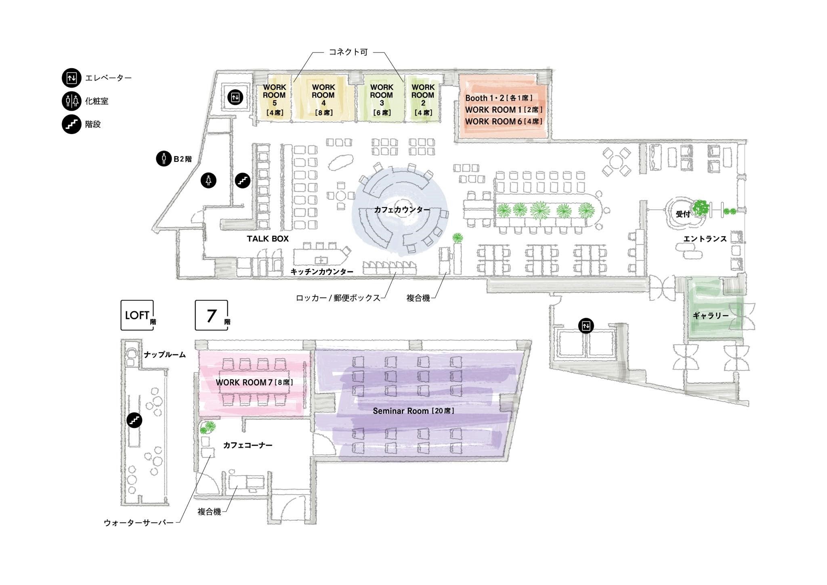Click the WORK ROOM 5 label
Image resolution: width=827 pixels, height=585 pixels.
274,99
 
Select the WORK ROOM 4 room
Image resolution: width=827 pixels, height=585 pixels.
323,99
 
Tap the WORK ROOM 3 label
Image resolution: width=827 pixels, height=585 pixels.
382,99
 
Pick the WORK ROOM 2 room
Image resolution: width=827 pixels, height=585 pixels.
423,99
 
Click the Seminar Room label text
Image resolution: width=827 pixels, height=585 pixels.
413,411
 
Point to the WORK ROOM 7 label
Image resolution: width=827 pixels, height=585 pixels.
254,382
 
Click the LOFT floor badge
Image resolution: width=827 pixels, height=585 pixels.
138,315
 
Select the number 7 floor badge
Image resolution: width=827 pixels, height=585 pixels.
212,315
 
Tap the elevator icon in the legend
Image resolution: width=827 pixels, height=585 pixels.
71,78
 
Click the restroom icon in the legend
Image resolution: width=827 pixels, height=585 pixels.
71,101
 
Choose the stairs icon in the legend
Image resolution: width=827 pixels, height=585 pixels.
71,124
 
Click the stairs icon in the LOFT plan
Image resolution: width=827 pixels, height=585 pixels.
134,420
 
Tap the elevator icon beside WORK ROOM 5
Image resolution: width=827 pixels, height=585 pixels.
235,97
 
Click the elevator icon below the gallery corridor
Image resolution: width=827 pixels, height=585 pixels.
586,325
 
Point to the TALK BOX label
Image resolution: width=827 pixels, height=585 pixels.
268,239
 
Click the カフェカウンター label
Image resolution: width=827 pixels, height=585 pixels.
402,210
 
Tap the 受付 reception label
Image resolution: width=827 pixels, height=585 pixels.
683,214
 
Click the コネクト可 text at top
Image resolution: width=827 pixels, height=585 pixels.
348,52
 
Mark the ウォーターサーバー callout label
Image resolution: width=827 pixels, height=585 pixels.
139,523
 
